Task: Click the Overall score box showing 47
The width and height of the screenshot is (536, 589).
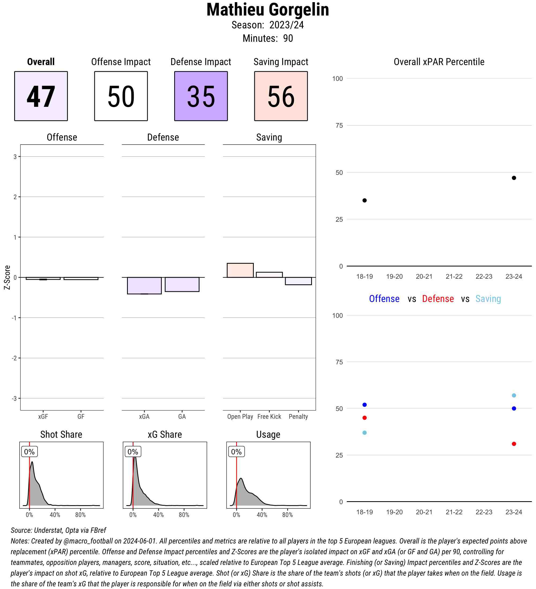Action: click(x=41, y=96)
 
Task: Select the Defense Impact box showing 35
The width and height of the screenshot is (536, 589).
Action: click(x=201, y=96)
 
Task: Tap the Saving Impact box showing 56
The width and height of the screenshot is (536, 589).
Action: click(x=281, y=96)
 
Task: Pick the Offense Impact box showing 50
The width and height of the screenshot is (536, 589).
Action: click(x=121, y=96)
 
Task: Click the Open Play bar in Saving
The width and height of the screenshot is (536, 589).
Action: click(x=240, y=270)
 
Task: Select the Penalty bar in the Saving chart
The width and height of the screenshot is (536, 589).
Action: click(x=298, y=281)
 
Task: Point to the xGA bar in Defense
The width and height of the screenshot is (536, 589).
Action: click(x=144, y=285)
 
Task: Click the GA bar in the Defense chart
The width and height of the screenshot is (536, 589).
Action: click(x=182, y=284)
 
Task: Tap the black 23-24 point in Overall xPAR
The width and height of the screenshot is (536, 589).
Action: click(x=514, y=178)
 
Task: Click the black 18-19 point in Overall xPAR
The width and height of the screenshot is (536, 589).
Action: click(x=364, y=201)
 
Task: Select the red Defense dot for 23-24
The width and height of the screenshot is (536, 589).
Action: click(x=514, y=444)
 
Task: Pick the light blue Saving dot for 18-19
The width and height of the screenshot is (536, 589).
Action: click(x=364, y=433)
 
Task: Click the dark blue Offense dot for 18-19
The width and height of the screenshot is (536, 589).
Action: click(x=364, y=405)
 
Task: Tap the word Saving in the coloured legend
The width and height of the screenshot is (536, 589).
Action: click(x=488, y=299)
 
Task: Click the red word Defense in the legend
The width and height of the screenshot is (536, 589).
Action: click(x=438, y=299)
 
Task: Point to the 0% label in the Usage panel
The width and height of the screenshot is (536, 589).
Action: click(x=236, y=452)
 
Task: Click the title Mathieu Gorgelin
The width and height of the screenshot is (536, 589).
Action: click(x=267, y=10)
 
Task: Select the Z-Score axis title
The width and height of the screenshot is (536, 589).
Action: click(x=7, y=277)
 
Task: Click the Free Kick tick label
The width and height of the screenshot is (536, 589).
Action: click(x=269, y=416)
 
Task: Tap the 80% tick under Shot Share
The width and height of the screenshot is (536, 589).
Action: click(x=80, y=515)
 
